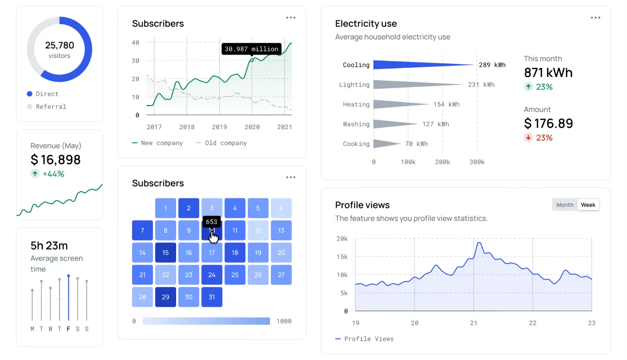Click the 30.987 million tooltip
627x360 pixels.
point(252,49)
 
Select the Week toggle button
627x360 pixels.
point(588,205)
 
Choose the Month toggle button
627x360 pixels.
point(565,205)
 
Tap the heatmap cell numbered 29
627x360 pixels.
point(165,297)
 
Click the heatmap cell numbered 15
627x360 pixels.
point(165,253)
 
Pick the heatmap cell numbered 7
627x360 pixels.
point(142,230)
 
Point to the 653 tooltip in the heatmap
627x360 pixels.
point(211,222)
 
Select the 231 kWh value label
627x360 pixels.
point(481,85)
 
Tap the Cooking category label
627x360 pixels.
point(356,144)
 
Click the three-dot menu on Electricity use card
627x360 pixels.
point(595,18)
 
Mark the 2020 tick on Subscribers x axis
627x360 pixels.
point(252,127)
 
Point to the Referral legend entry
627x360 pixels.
point(51,106)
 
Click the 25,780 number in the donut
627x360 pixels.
point(60,45)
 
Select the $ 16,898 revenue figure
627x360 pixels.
point(56,160)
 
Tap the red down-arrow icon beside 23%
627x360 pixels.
point(528,138)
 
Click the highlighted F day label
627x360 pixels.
point(69,329)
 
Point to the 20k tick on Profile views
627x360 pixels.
point(342,239)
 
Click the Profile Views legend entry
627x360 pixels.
point(369,339)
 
